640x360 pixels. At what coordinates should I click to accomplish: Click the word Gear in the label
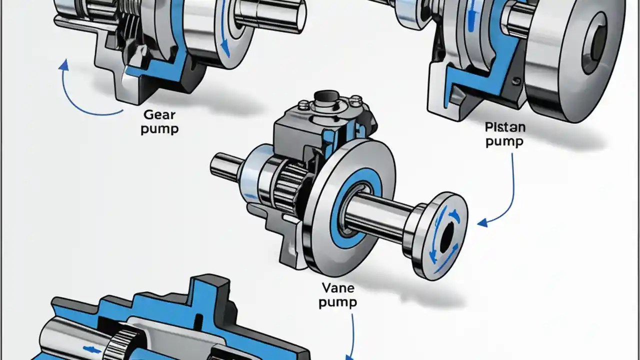[x=159, y=114]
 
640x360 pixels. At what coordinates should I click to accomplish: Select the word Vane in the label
[x=337, y=288]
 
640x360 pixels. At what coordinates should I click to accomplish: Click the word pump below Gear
[x=159, y=128]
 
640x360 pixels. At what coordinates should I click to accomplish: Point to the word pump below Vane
[x=337, y=303]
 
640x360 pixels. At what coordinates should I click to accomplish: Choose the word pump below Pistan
[x=504, y=141]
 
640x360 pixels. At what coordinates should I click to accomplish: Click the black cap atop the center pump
[x=327, y=96]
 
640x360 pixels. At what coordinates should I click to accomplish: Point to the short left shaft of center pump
[x=225, y=165]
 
